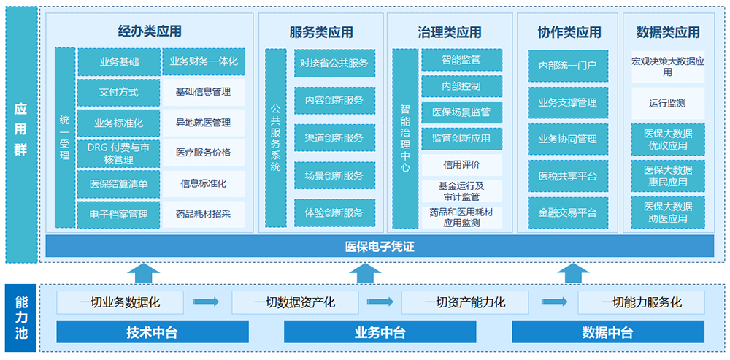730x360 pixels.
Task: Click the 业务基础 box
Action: [x=119, y=62]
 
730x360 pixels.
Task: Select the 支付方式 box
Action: [x=119, y=93]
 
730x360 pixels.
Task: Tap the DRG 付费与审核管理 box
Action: [x=119, y=153]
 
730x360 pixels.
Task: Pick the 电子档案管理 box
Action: [x=119, y=215]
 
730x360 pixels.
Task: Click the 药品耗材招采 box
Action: [x=204, y=215]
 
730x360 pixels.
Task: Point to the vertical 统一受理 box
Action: [x=65, y=137]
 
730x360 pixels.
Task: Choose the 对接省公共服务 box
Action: [x=334, y=63]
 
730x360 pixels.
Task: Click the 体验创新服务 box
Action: [x=334, y=212]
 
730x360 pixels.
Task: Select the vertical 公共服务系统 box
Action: [x=275, y=137]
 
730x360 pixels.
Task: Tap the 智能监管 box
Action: [x=461, y=60]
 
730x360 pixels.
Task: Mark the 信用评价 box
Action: [x=461, y=164]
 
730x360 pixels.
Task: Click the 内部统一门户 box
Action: [x=567, y=66]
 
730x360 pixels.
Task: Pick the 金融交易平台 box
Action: [x=567, y=212]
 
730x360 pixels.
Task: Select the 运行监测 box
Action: [x=667, y=103]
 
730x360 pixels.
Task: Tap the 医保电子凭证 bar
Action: [x=380, y=247]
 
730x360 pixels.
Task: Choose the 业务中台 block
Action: [x=380, y=333]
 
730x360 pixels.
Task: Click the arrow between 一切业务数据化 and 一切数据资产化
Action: [x=206, y=302]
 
